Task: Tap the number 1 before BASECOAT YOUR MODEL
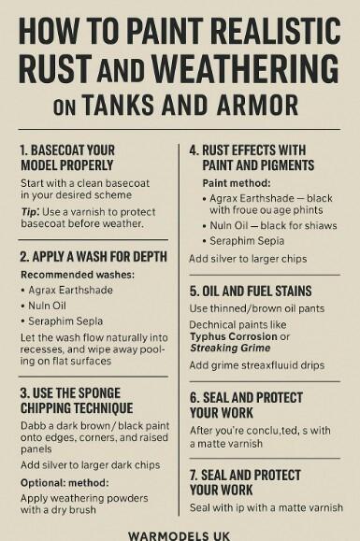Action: (x=23, y=149)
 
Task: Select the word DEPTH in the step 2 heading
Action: (x=144, y=257)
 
